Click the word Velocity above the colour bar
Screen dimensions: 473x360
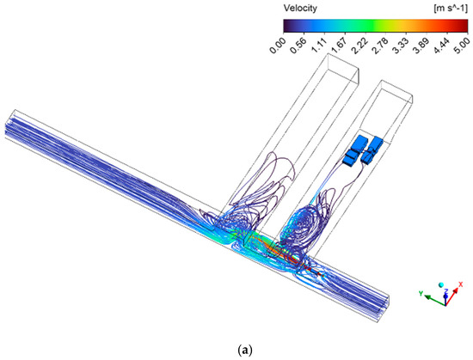(x=300, y=8)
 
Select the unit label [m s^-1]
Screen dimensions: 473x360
(x=451, y=9)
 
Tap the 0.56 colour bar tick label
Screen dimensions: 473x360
(x=298, y=46)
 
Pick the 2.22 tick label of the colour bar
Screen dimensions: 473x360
(x=359, y=46)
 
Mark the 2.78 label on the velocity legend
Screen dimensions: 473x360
(x=380, y=46)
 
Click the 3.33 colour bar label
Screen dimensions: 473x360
(x=401, y=46)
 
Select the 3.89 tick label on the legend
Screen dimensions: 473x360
(x=421, y=46)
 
